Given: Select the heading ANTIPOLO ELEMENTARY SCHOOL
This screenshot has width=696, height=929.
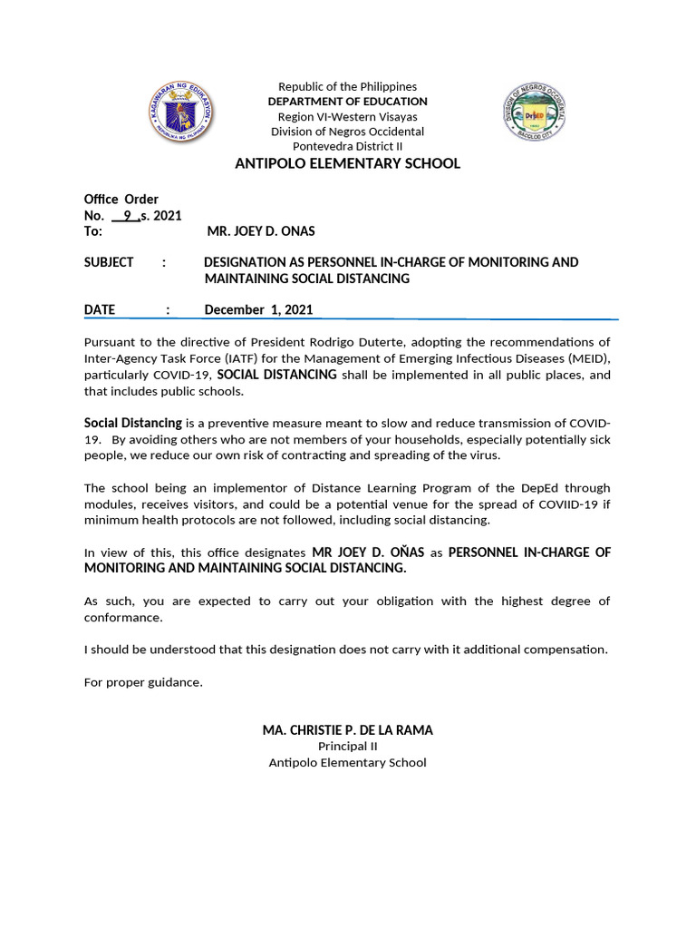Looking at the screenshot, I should click(347, 163).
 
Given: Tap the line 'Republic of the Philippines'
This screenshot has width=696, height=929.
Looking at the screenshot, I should click(347, 86).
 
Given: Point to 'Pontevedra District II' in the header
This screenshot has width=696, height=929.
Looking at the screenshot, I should click(347, 147).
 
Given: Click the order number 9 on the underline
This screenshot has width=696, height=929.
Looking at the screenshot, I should click(128, 215).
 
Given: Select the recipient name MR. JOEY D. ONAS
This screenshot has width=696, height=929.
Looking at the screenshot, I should click(261, 231).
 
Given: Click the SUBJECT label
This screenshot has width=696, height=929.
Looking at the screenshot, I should click(108, 262).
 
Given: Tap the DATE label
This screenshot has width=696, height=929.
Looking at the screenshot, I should click(100, 309).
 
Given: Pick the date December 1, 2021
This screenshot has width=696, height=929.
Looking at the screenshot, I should click(258, 309).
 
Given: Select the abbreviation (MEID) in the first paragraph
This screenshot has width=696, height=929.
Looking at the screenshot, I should click(585, 358).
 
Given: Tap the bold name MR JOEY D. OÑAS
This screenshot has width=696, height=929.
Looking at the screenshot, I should click(368, 552).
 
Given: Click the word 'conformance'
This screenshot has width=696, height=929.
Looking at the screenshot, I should click(123, 617).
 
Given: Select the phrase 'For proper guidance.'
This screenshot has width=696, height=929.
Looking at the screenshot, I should click(143, 682).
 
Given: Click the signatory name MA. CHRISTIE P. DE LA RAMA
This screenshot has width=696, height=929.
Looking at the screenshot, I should click(347, 729).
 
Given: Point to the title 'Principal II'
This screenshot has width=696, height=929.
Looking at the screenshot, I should click(347, 747).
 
